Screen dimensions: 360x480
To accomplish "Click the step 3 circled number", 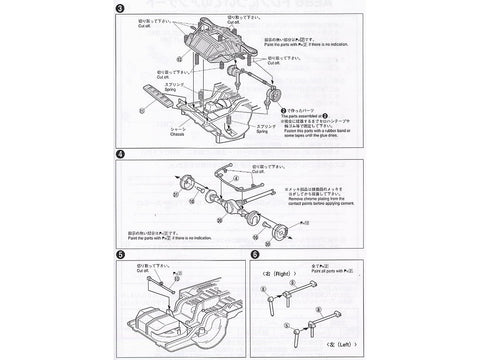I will pyautogui.click(x=120, y=11).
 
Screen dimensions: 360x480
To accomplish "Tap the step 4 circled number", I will pyautogui.click(x=120, y=156).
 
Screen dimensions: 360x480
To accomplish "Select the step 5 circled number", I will pyautogui.click(x=120, y=256).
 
